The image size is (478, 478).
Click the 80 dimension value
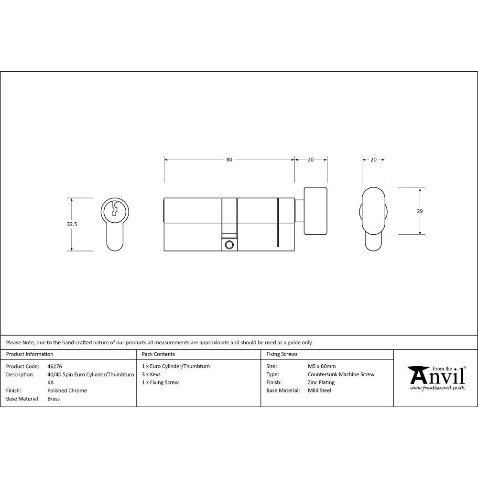click(x=229, y=160)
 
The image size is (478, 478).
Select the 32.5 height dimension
click(x=72, y=224)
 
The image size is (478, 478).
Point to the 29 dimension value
click(x=420, y=211)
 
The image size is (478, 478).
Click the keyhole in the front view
click(x=115, y=209)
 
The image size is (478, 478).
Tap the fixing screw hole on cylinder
click(x=229, y=245)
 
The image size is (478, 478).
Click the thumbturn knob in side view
click(x=315, y=211)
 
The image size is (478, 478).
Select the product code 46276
click(x=55, y=367)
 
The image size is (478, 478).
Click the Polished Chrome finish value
click(x=67, y=391)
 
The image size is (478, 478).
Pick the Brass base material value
click(x=54, y=399)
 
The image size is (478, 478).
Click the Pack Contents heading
click(x=158, y=354)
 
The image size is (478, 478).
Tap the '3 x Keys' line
click(x=151, y=375)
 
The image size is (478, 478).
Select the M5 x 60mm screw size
click(x=322, y=367)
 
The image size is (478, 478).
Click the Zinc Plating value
click(x=321, y=382)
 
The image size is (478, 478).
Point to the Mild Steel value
click(x=319, y=391)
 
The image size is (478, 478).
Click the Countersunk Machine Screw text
click(x=341, y=375)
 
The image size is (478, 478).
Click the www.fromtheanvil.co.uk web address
click(x=437, y=388)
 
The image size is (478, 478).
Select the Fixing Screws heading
click(x=282, y=354)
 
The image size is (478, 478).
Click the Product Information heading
click(x=30, y=354)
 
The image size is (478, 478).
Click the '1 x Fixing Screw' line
click(x=160, y=382)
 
